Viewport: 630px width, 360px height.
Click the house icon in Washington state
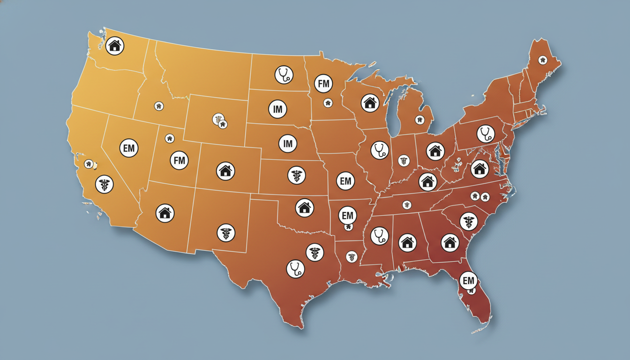[x=115, y=46]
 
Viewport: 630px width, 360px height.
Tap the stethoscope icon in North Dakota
[x=283, y=75]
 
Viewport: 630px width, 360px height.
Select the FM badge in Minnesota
[x=323, y=84]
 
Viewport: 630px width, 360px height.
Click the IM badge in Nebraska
[x=288, y=143]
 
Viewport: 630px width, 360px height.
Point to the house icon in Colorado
[x=225, y=171]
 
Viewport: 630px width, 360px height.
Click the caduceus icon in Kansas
[x=296, y=175]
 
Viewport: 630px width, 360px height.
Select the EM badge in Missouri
[x=346, y=181]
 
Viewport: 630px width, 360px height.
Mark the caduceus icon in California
[x=104, y=184]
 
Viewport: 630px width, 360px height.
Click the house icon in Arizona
[x=165, y=213]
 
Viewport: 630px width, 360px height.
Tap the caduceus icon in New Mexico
[x=225, y=232]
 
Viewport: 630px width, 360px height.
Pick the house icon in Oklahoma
[x=305, y=207]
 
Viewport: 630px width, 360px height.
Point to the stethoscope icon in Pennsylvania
[x=486, y=134]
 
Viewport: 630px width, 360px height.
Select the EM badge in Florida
[x=468, y=281]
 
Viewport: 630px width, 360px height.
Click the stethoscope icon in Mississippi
[x=379, y=235]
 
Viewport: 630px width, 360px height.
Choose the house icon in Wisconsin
[x=370, y=103]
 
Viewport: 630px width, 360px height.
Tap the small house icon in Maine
[x=543, y=60]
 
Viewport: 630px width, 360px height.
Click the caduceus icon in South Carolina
[x=468, y=221]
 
